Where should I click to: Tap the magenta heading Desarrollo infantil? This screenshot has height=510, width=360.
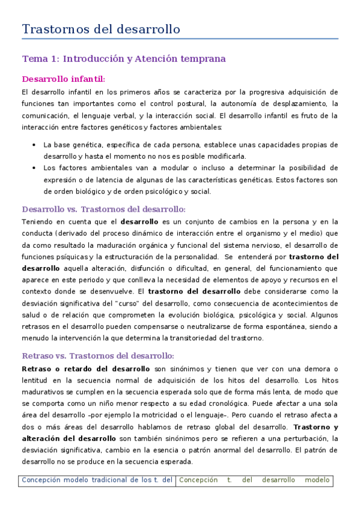tap(64, 79)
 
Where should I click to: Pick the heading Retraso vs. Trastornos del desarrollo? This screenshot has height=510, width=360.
tap(98, 355)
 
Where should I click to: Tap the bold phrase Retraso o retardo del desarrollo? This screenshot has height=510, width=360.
tap(85, 368)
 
